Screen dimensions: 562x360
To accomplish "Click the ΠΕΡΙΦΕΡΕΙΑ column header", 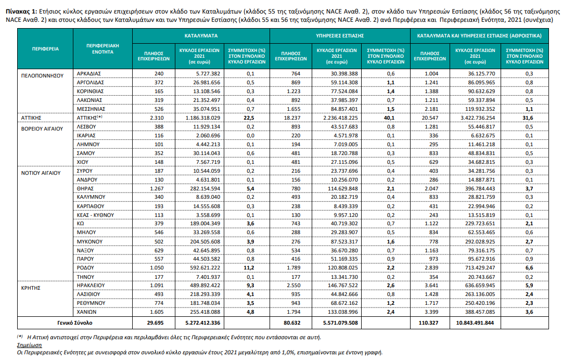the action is coord(45,49).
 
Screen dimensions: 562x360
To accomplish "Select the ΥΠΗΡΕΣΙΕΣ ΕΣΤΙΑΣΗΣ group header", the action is coord(340,36).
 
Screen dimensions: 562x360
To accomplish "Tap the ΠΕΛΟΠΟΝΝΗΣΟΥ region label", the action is coord(42,75).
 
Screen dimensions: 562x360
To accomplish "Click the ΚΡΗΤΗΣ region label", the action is coord(31,288).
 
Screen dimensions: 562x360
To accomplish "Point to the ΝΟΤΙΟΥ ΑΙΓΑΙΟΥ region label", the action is coord(41,173).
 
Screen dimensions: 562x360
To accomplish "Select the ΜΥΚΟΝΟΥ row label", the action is coord(90,241).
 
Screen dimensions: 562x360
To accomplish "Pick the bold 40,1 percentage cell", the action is coord(389,118).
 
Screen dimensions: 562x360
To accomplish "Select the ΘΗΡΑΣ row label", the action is coord(85,188).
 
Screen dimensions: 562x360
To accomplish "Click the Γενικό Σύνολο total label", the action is coord(74,323).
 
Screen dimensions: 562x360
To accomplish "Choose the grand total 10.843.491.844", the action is coord(475,323).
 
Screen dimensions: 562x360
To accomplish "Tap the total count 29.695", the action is coord(155,323).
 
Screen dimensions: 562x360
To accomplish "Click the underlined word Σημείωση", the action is coord(29,345).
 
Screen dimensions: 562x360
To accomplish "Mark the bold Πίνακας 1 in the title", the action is coord(21,11).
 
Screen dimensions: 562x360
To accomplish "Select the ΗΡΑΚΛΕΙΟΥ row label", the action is coord(91,286).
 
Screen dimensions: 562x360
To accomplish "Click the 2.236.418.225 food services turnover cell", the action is coord(340,118).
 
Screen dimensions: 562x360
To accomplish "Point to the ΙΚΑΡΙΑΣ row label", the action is coord(86,135).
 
